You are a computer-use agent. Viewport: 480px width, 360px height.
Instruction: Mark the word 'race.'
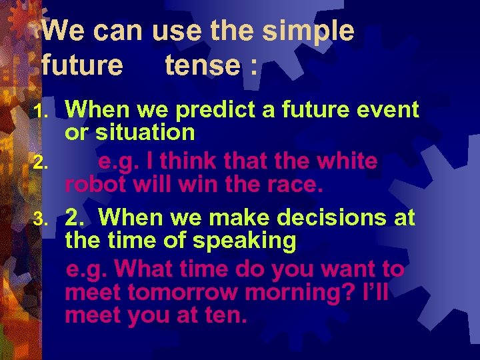[x=291, y=184]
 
